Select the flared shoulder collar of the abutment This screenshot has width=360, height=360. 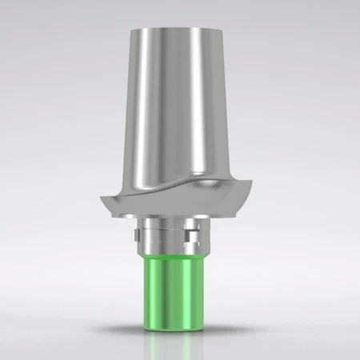179,204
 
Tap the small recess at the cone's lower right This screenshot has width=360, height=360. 228,180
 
